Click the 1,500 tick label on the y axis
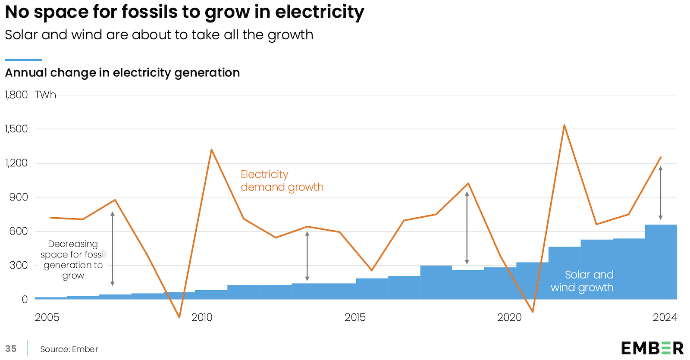click(x=16, y=129)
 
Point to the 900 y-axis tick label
click(x=18, y=197)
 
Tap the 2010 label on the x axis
click(x=202, y=318)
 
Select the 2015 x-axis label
click(x=355, y=318)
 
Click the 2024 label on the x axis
click(x=665, y=318)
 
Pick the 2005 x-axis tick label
click(x=47, y=318)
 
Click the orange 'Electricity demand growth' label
click(x=282, y=181)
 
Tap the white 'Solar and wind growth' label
click(x=582, y=281)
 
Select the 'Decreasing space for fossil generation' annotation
click(x=73, y=260)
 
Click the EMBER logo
click(x=652, y=348)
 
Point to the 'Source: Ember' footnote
click(x=69, y=349)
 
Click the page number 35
click(x=11, y=349)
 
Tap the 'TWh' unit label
click(x=45, y=95)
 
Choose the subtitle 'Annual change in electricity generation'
click(x=122, y=73)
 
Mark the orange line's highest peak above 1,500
click(x=564, y=125)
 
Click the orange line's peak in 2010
click(x=211, y=150)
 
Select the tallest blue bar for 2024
click(x=661, y=262)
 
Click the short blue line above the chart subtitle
click(x=23, y=60)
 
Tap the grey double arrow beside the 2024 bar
click(x=660, y=193)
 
